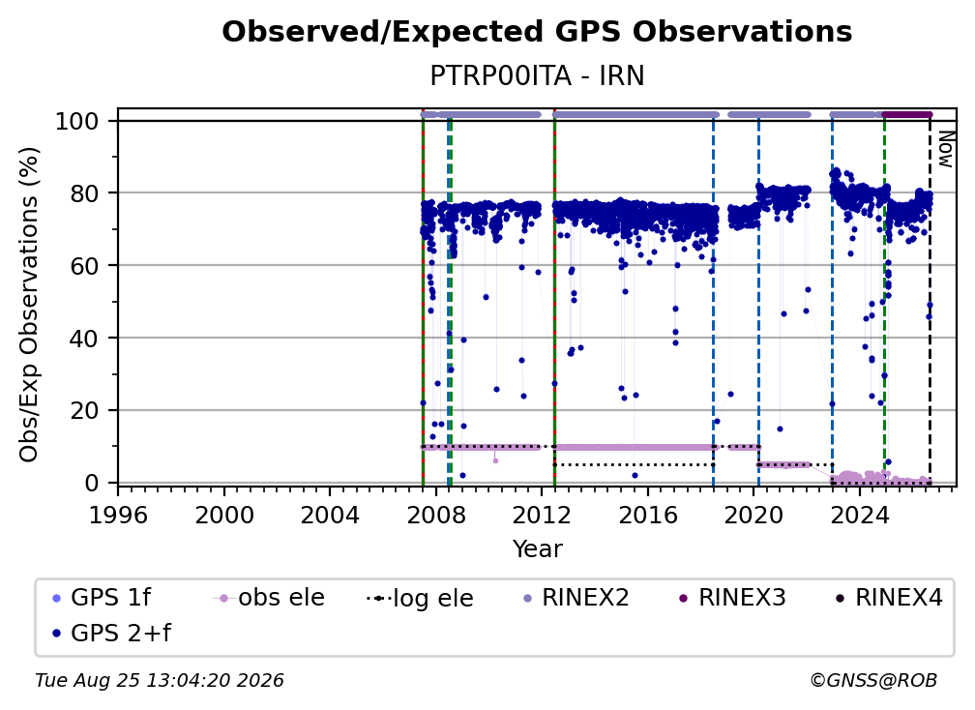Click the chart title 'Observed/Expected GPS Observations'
pos(537,32)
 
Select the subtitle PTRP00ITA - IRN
pos(537,75)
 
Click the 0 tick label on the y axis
pos(92,483)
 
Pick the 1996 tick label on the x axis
pos(118,516)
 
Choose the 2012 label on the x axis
pos(542,516)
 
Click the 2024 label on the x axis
pos(859,516)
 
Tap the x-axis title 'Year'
pos(537,549)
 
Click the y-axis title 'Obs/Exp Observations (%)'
pos(29,304)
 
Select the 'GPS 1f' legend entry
pos(103,598)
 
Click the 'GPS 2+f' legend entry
pos(112,633)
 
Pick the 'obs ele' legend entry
pos(269,598)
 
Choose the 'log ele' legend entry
pos(421,598)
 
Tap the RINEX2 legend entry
pos(576,598)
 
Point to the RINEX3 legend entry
pos(732,598)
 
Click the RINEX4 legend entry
pos(889,598)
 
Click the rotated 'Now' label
pos(945,149)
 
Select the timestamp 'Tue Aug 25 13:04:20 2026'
pos(160,681)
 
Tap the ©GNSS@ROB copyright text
pos(873,681)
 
